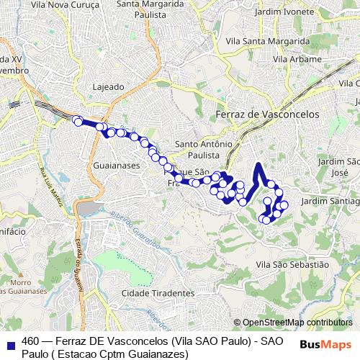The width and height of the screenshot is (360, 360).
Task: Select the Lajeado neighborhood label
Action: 109,86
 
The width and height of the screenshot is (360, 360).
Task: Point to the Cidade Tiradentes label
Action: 158,293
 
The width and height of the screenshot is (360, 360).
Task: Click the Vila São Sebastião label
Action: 292,265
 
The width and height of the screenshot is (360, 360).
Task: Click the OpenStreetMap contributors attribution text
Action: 297,323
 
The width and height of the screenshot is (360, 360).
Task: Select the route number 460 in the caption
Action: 31,341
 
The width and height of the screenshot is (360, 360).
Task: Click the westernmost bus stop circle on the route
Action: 76,120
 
